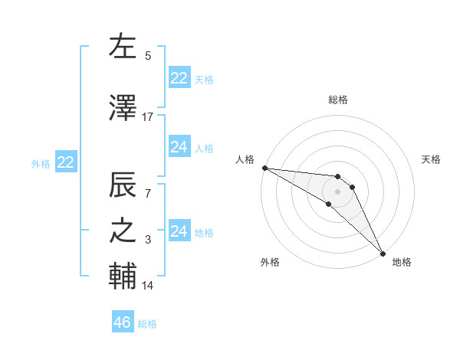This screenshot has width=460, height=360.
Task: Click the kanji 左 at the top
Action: [123, 47]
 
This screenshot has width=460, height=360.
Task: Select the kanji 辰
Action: [123, 186]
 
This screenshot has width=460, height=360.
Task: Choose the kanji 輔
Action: [123, 277]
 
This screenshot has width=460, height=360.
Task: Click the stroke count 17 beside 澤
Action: [148, 117]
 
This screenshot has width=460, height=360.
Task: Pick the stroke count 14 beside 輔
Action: [148, 286]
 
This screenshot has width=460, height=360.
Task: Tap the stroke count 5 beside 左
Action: [148, 56]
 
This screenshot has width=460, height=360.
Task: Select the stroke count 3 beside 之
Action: [148, 241]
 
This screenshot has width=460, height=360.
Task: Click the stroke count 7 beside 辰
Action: [148, 194]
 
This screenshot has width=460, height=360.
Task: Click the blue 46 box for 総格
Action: [123, 322]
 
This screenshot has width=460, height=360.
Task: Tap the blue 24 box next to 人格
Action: [179, 147]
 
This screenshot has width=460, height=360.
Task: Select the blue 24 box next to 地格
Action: [179, 231]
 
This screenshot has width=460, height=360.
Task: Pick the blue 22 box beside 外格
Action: [66, 162]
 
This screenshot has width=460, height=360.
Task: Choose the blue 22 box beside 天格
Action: [179, 78]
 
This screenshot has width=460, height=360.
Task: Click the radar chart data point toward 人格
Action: [264, 168]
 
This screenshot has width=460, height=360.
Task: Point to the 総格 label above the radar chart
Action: [338, 100]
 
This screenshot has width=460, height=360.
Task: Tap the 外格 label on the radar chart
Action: [270, 262]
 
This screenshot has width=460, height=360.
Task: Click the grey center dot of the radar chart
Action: [338, 191]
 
